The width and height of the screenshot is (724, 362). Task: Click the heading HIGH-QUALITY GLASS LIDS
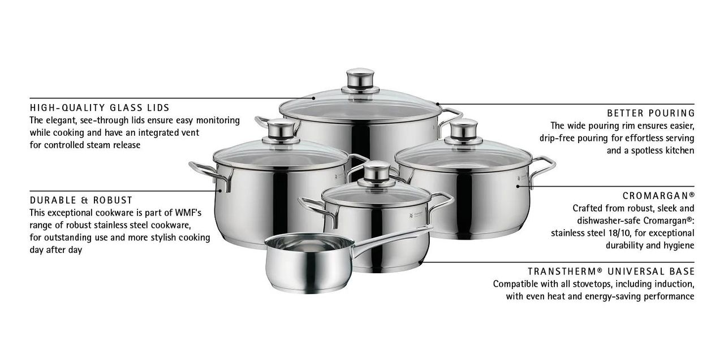100,107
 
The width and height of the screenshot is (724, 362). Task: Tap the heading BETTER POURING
650,113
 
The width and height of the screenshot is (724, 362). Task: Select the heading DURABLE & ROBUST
81,200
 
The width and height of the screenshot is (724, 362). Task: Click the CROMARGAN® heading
658,196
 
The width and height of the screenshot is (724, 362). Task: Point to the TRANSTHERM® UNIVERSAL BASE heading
611,271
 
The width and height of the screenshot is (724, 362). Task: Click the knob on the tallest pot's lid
360,80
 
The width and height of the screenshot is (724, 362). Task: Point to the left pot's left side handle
210,175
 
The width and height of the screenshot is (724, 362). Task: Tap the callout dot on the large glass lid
313,98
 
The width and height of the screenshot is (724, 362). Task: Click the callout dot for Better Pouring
438,104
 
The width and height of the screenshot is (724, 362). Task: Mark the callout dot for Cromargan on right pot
518,187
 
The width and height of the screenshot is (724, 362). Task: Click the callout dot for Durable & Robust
221,191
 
